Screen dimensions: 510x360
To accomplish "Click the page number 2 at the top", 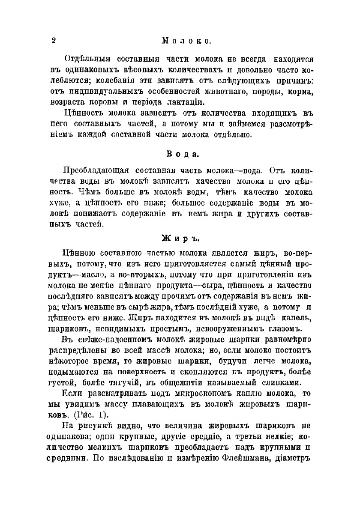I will (54, 41).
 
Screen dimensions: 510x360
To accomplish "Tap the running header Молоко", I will (185, 41).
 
